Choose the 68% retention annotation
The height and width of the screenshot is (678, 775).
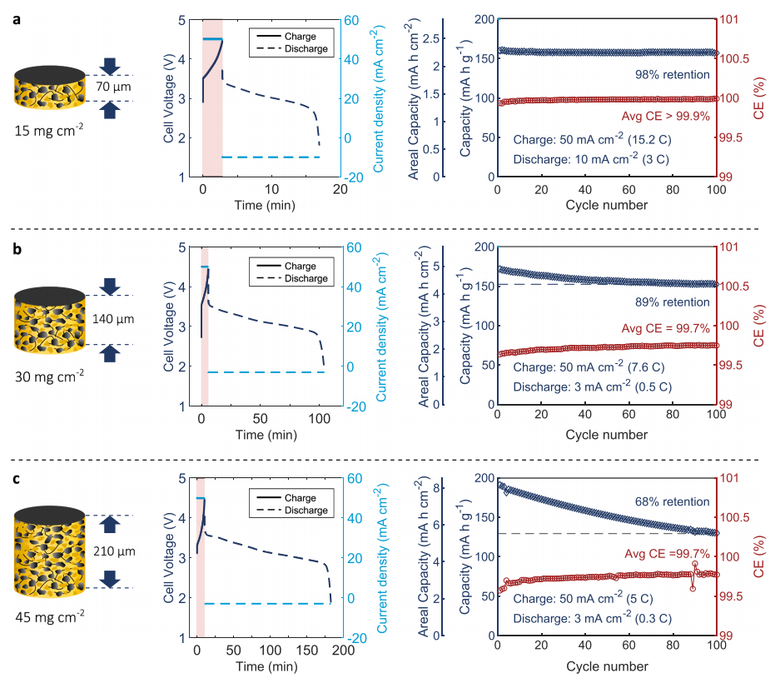670,502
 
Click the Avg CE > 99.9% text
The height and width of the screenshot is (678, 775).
666,117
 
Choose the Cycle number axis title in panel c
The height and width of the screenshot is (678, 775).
607,666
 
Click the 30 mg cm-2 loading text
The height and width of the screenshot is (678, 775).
49,376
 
